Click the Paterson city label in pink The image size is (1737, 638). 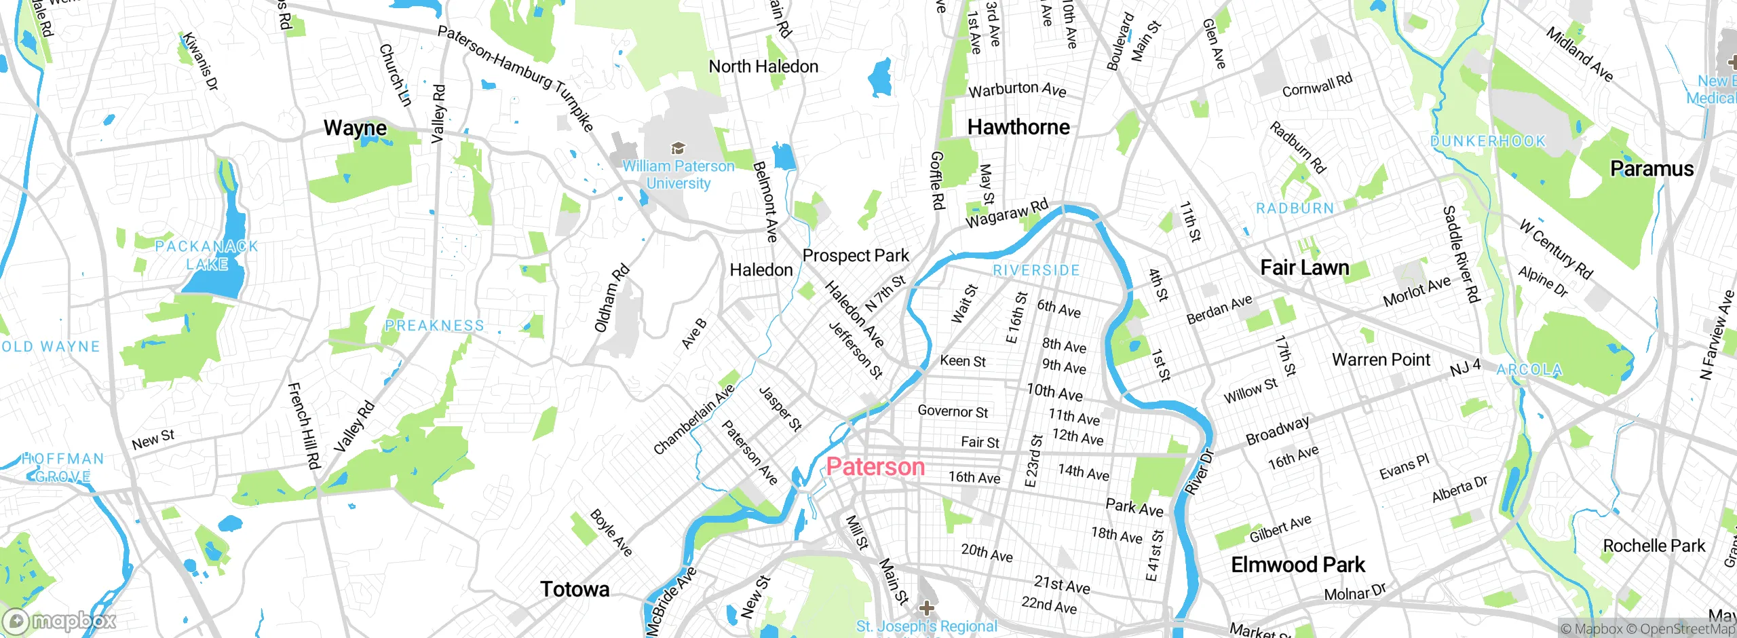875,467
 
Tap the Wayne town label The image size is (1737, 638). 355,128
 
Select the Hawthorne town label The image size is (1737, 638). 1018,127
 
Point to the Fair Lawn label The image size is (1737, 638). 1304,267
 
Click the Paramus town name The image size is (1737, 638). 1652,168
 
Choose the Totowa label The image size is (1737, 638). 575,589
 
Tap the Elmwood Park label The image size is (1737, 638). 1297,565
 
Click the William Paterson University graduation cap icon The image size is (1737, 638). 676,149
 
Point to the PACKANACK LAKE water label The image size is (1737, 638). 207,255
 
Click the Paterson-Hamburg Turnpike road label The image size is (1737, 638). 516,78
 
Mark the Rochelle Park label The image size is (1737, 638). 1654,546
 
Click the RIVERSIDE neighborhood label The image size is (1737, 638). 1035,270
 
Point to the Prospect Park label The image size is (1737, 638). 855,256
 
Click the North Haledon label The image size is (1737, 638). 763,67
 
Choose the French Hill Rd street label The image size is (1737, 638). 303,426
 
